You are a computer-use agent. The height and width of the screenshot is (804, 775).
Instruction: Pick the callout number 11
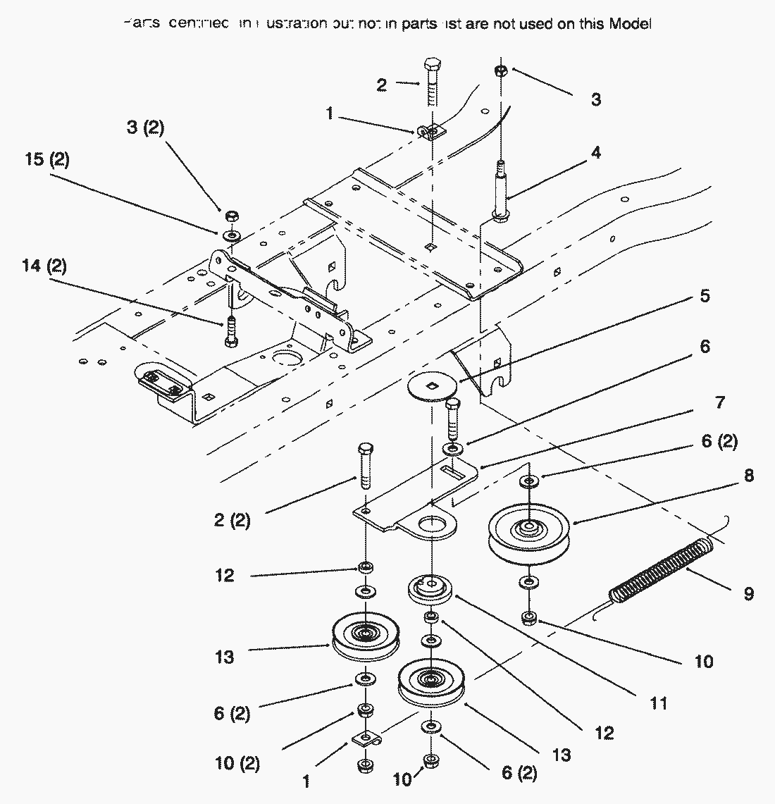[x=658, y=703]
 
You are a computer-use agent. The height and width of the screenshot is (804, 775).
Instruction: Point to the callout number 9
[x=748, y=594]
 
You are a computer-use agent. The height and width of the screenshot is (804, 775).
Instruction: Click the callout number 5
[x=704, y=295]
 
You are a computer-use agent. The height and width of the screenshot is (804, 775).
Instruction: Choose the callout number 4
[x=596, y=152]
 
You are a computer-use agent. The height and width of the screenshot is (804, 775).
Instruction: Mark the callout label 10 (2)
[x=237, y=764]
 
